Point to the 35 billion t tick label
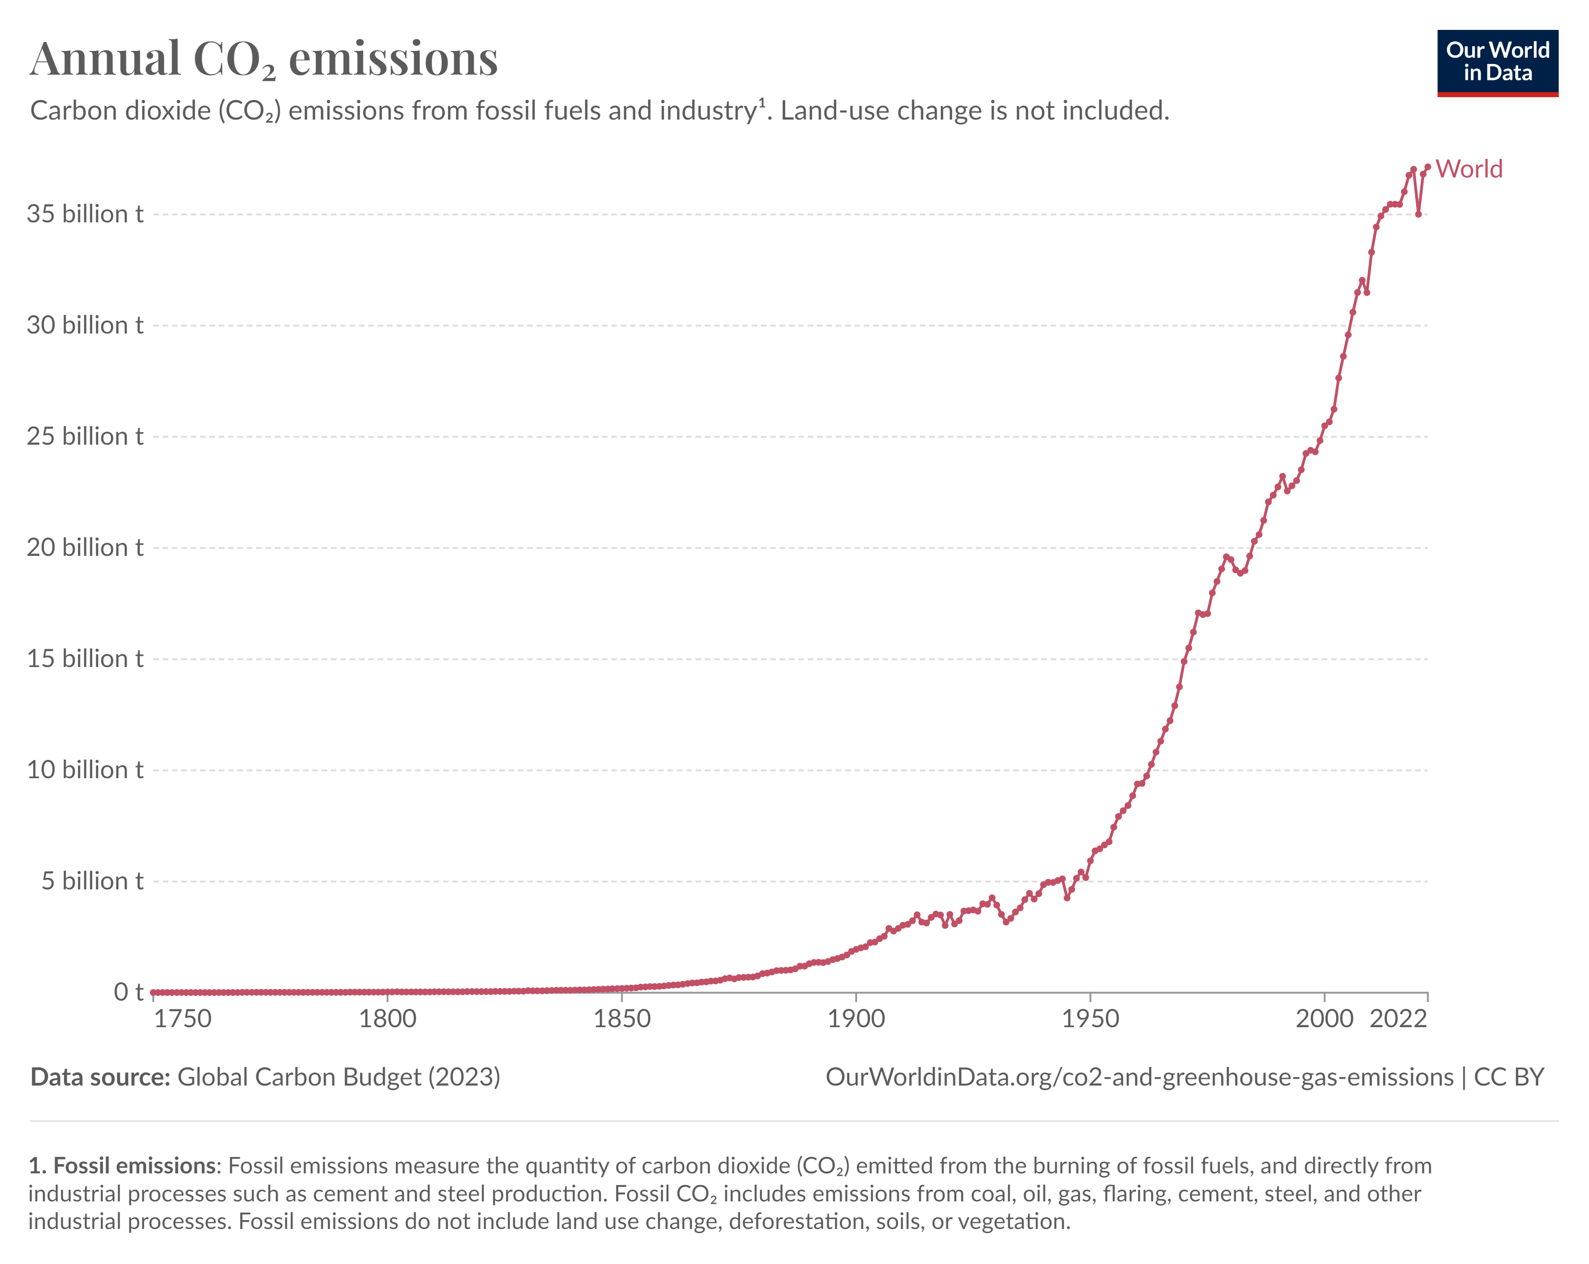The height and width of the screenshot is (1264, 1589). click(x=85, y=214)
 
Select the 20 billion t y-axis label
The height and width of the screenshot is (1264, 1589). click(x=85, y=547)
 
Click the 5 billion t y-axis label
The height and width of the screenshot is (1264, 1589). click(x=92, y=881)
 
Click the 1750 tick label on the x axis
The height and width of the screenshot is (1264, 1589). click(x=182, y=1019)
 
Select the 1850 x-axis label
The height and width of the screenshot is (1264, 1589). click(x=622, y=1019)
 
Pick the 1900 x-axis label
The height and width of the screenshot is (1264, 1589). click(x=856, y=1019)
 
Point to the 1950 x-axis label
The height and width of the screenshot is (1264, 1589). click(x=1090, y=1019)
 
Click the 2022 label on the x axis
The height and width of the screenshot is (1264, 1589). click(x=1398, y=1019)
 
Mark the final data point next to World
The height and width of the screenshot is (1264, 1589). click(x=1428, y=167)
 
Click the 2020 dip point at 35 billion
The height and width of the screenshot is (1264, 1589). click(x=1418, y=214)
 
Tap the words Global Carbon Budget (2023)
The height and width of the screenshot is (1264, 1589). click(x=339, y=1077)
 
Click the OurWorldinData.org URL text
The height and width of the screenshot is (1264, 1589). click(x=1138, y=1077)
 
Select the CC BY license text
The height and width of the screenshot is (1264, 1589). click(x=1508, y=1077)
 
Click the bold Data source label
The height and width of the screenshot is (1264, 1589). click(x=100, y=1077)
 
